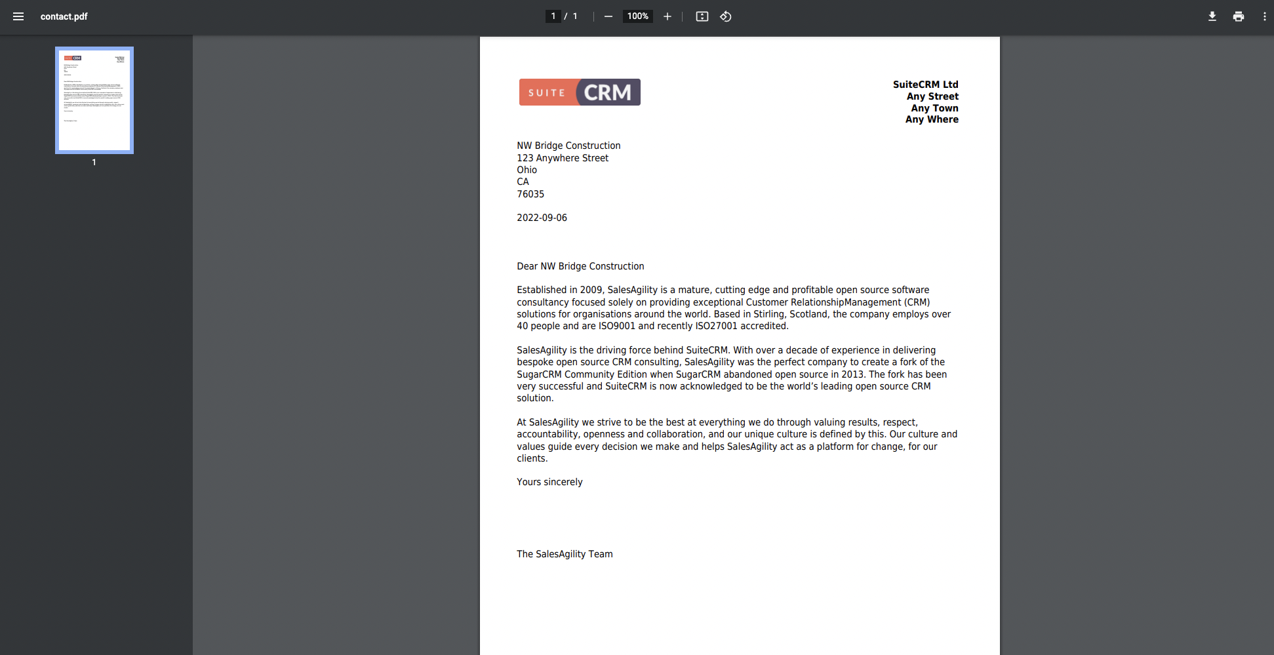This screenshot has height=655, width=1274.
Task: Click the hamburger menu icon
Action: [18, 16]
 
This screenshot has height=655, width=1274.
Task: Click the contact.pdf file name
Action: [64, 16]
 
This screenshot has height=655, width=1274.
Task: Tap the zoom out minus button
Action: [608, 16]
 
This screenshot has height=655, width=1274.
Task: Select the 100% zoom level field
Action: [637, 16]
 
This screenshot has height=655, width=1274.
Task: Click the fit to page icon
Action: [702, 16]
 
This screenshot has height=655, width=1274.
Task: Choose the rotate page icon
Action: [726, 16]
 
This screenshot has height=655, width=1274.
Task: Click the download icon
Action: [1212, 16]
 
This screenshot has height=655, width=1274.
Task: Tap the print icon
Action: [1238, 16]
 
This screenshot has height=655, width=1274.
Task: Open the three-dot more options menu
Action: [1264, 16]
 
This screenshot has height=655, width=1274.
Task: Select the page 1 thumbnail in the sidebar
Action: [94, 100]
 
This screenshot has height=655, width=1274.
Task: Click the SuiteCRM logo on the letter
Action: [580, 92]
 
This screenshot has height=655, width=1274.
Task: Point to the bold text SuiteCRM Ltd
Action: [925, 85]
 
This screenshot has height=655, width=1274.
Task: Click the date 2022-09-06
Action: [542, 218]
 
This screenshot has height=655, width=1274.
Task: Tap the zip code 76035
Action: [530, 194]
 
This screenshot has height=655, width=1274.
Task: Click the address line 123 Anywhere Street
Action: [563, 158]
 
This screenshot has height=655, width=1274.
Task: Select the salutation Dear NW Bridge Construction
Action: [580, 266]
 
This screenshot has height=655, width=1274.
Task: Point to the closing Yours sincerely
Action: [549, 482]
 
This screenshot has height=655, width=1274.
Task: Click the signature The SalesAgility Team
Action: [565, 554]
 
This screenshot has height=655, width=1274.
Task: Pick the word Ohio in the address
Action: [527, 170]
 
